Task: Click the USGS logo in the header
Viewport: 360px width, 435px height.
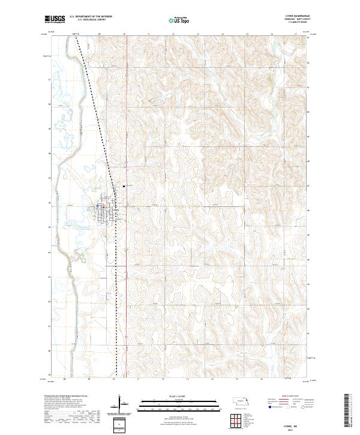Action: (55, 19)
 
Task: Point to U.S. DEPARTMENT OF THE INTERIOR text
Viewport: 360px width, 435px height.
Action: (91, 16)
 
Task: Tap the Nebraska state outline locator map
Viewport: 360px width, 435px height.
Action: (242, 401)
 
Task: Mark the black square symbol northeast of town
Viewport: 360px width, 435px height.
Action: (124, 187)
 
